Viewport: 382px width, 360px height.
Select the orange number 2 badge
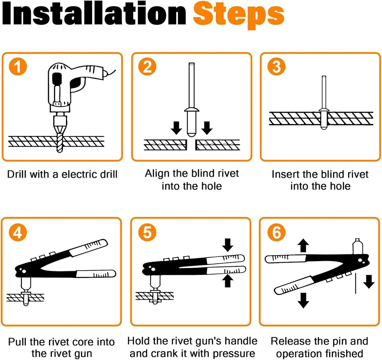[147, 67]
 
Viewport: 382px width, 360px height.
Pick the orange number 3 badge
[276, 67]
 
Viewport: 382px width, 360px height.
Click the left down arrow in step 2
[176, 127]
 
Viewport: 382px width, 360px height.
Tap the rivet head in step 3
[323, 111]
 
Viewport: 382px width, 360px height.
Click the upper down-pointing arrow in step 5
[228, 245]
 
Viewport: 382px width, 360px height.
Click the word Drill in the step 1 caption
[17, 174]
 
